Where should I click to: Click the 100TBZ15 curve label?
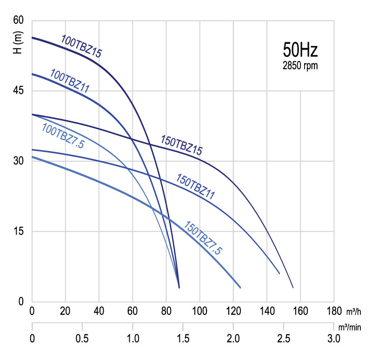click(x=81, y=46)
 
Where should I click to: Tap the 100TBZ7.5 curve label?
click(x=63, y=135)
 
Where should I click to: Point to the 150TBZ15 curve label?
click(x=181, y=144)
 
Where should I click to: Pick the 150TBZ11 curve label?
click(x=195, y=186)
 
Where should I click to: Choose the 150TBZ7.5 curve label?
click(x=204, y=238)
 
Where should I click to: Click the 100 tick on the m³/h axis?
click(x=200, y=311)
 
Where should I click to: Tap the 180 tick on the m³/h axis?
click(x=334, y=311)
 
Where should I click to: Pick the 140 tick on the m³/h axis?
click(x=267, y=311)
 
